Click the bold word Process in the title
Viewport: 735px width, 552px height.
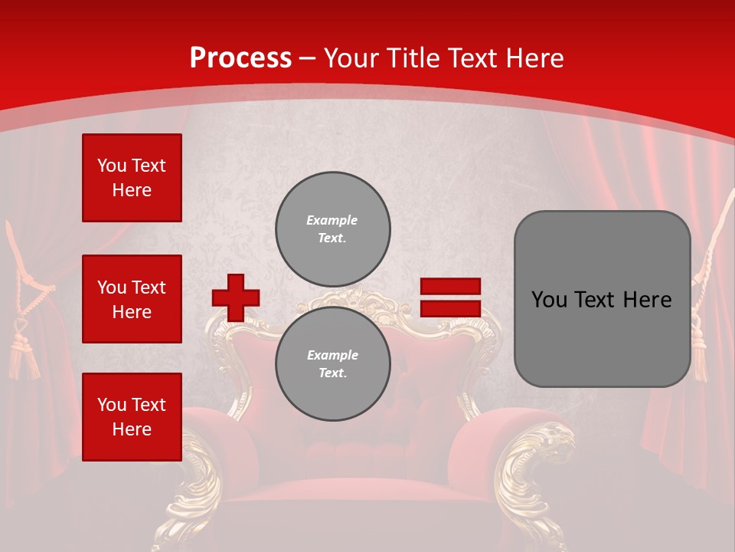(240, 58)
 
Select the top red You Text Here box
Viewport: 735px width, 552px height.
(132, 178)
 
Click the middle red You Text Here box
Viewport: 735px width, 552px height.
(132, 299)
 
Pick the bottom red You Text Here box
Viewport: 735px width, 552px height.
(132, 417)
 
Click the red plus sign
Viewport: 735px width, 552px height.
(235, 297)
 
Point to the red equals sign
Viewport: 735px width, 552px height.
(450, 297)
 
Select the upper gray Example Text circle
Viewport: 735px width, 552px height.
(332, 229)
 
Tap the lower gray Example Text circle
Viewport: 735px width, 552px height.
(332, 364)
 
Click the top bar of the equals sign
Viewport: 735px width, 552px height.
(450, 286)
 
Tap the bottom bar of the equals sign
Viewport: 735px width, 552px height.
(450, 309)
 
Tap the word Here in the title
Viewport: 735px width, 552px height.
(534, 58)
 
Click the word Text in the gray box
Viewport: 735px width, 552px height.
(601, 300)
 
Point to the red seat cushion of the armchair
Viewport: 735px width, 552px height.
(360, 498)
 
